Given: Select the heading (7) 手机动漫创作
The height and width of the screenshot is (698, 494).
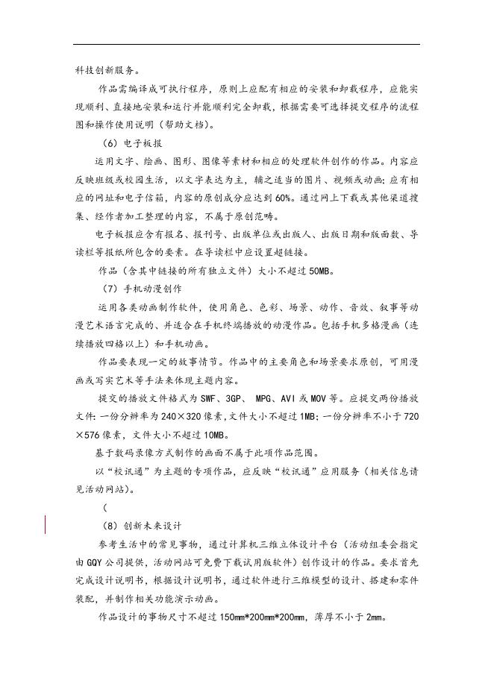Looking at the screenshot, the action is [x=142, y=288].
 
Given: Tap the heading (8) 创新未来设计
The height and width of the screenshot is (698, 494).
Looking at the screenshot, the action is [x=142, y=524].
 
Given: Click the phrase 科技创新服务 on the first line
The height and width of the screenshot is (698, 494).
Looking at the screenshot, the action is [x=105, y=70].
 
